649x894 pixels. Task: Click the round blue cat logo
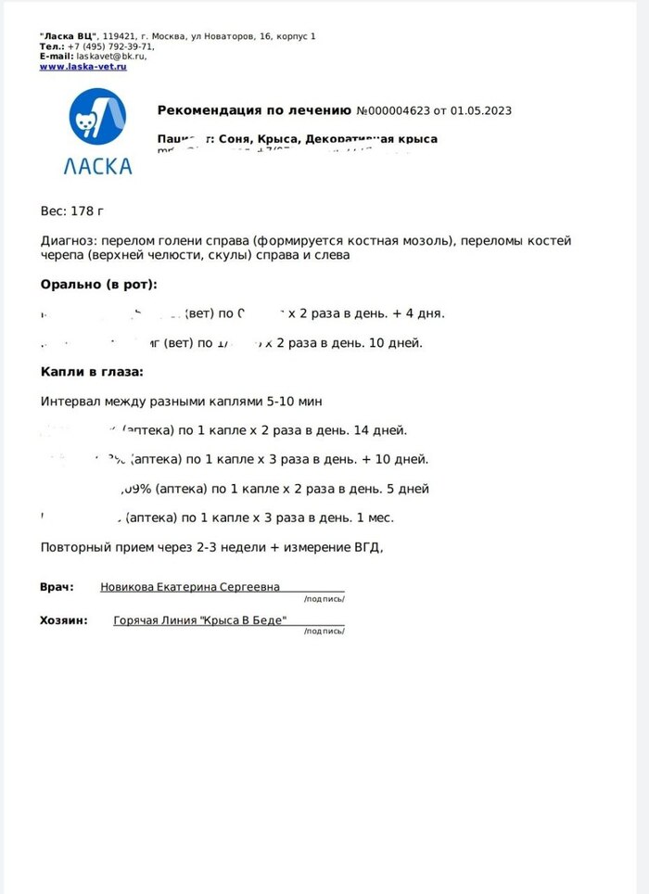coord(100,117)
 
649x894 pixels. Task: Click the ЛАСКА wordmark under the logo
coord(98,167)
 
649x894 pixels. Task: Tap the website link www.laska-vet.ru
coord(83,66)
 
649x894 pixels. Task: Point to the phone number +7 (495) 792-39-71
coord(110,45)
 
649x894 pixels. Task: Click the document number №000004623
coord(393,111)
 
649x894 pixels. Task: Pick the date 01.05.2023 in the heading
coord(481,111)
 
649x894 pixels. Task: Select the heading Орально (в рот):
coord(99,284)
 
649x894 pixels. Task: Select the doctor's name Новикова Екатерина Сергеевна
coord(190,587)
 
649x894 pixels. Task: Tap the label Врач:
coord(57,587)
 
